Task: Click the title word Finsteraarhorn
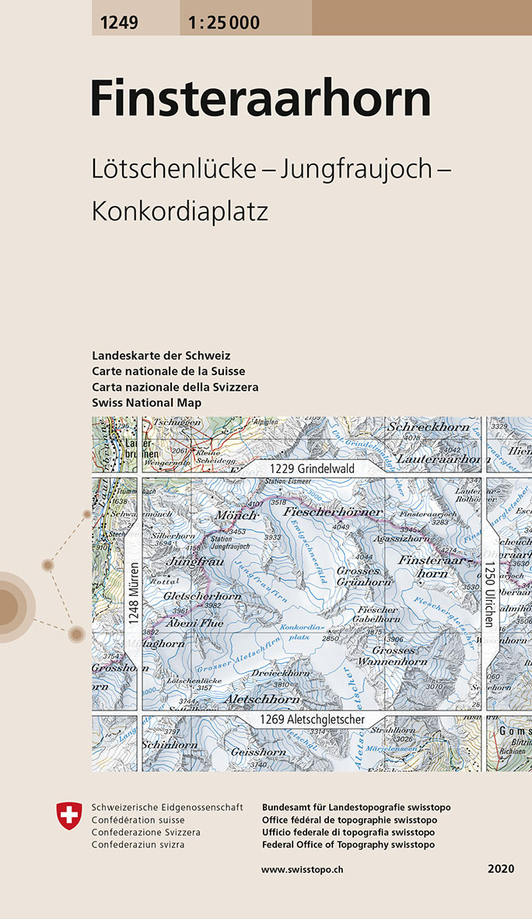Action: (261, 100)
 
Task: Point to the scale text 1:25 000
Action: (223, 23)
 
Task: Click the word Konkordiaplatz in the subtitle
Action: (180, 211)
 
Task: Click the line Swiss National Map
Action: (146, 402)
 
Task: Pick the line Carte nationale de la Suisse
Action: (168, 371)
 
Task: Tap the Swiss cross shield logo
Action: (69, 816)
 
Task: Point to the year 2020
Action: (502, 868)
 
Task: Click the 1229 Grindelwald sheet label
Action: (312, 469)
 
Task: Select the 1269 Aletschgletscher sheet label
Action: (312, 720)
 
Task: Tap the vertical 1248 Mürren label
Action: (133, 595)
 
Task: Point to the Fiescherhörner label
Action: (333, 512)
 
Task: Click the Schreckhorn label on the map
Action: (429, 427)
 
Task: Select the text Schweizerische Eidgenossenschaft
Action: (167, 808)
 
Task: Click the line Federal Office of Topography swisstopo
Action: (348, 845)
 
